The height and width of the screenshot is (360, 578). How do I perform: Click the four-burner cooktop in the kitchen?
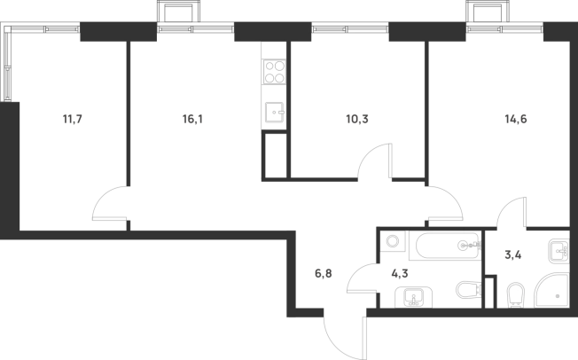pos(274,71)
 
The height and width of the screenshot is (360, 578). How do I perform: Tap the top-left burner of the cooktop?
pos(269,65)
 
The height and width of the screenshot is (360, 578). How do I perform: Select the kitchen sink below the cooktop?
pos(274,113)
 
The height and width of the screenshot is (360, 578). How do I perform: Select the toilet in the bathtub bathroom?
pos(466,291)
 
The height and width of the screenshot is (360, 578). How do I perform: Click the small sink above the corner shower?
pos(557,251)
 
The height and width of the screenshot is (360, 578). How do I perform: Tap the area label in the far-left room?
pos(67,121)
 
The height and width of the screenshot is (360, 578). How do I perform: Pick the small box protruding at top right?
pos(485,12)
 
